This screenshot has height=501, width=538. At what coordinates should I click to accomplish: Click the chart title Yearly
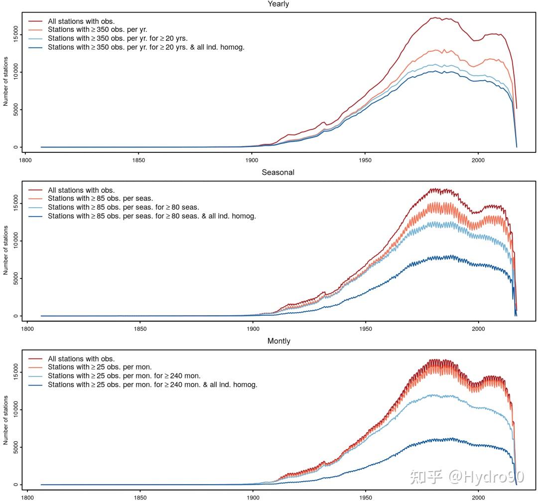278,4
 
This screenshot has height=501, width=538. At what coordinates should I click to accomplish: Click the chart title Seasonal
278,172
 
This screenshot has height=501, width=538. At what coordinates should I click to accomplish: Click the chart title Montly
278,341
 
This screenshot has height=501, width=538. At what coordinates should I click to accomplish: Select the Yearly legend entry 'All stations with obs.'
81,21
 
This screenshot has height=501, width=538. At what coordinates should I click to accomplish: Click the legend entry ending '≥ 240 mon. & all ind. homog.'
152,385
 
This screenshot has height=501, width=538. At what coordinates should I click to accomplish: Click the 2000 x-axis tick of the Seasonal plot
478,329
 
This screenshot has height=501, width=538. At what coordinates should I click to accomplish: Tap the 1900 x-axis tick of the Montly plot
253,498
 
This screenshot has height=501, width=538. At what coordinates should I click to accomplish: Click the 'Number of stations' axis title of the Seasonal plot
6,250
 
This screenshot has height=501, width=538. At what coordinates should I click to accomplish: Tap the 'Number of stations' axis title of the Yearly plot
6,81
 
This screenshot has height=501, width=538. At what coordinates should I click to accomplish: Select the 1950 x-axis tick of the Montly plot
366,498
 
